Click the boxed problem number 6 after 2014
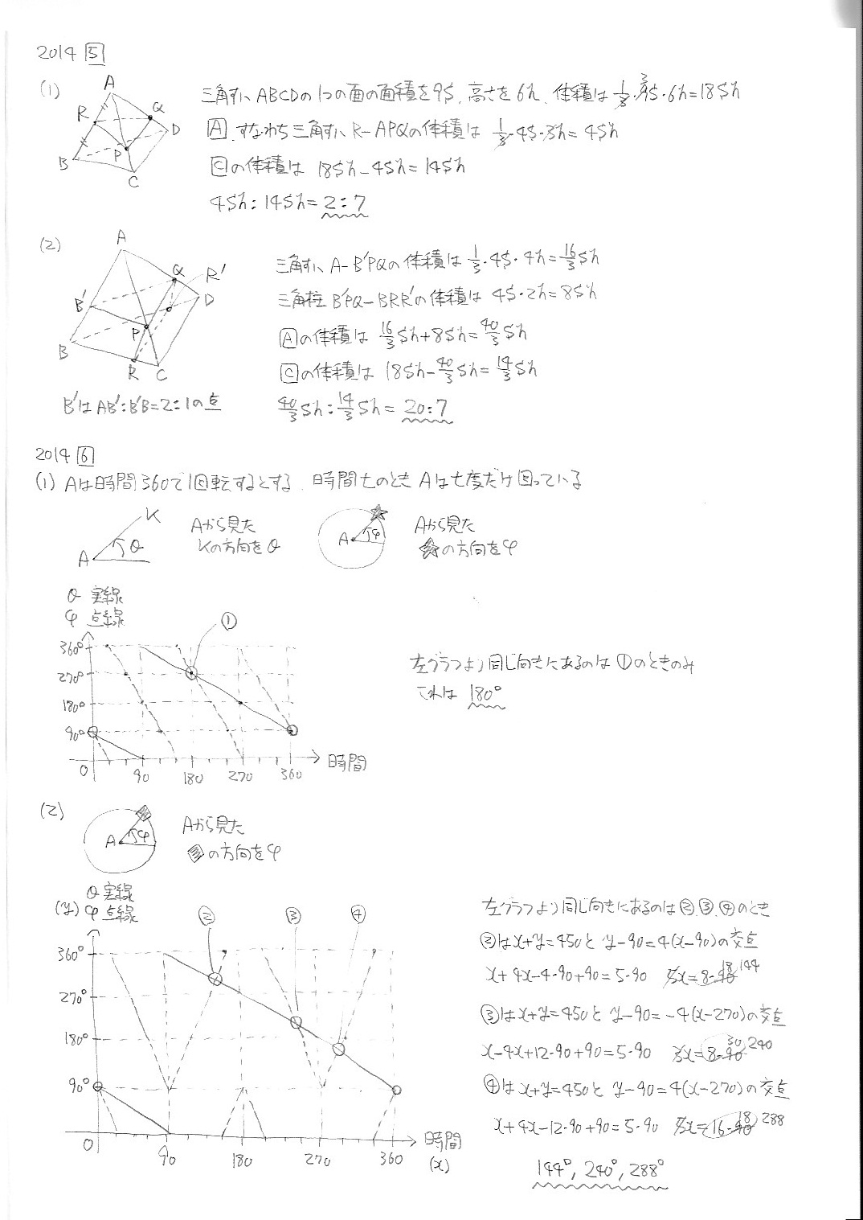click(86, 456)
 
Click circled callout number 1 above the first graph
click(227, 621)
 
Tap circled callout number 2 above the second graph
click(207, 914)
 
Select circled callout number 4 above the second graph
click(358, 914)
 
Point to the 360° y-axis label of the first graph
click(70, 646)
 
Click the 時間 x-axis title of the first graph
click(347, 762)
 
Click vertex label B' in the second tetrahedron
click(81, 306)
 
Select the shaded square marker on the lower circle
click(143, 811)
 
